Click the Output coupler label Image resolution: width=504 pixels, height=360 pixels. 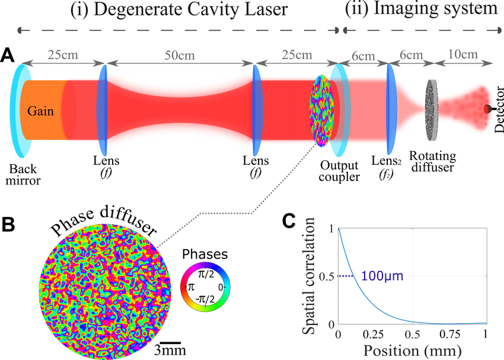(339, 170)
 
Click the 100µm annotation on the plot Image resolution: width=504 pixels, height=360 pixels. (378, 276)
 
